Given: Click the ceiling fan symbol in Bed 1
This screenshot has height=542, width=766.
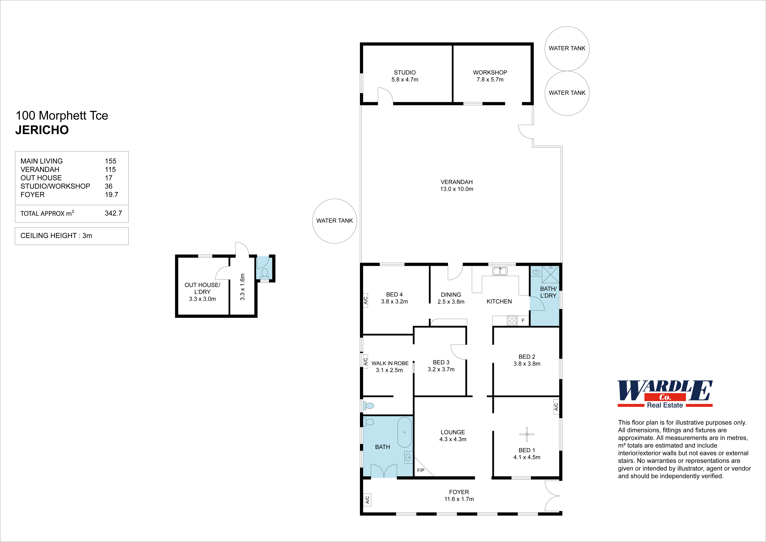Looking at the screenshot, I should tap(527, 434).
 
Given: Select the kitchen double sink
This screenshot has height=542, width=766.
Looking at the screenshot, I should tap(500, 271).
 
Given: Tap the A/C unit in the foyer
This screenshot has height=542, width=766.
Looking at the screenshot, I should tap(367, 500).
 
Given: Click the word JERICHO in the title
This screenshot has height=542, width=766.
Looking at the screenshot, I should tap(42, 130).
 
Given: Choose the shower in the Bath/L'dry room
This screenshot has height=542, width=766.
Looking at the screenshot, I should tap(550, 274).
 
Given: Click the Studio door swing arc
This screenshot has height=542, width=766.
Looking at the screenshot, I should tap(385, 95).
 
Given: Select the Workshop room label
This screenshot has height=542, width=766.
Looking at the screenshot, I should tap(490, 72).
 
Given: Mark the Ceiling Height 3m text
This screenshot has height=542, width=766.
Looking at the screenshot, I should tap(56, 236).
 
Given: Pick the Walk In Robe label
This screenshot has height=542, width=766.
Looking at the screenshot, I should tap(390, 363).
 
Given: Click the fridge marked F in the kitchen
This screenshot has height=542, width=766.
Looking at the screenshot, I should tap(523, 320).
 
